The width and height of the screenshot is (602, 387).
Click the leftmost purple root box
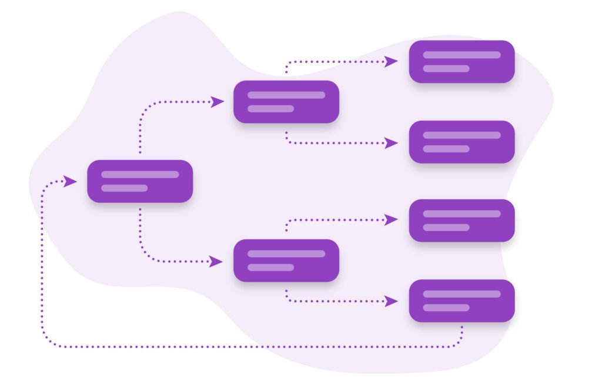[140, 181]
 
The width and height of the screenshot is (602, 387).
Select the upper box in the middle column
[286, 102]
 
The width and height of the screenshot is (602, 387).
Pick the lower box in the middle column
[286, 261]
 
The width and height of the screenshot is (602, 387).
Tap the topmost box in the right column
[461, 62]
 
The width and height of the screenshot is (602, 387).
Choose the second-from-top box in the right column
[461, 142]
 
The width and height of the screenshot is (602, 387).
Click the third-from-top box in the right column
[461, 221]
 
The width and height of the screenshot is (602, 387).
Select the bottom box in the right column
[461, 301]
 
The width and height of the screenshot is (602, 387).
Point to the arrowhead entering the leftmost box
[71, 181]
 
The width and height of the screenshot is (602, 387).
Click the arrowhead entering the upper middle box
[217, 102]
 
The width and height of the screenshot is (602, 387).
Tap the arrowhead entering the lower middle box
[216, 261]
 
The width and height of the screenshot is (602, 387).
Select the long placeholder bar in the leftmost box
[140, 174]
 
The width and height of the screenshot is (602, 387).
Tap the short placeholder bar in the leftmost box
[124, 188]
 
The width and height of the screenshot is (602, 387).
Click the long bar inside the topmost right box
[461, 55]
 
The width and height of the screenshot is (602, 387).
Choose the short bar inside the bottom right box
[446, 308]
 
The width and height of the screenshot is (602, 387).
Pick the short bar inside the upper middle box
[270, 109]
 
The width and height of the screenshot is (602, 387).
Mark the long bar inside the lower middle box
[286, 253]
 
